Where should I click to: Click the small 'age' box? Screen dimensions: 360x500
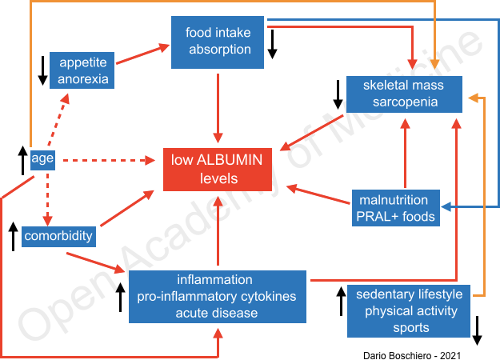(42, 158)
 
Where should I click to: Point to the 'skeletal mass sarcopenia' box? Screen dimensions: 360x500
(404, 94)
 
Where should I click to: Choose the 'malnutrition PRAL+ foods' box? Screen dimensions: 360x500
(396, 208)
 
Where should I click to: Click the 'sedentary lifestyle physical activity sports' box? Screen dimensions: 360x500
(408, 310)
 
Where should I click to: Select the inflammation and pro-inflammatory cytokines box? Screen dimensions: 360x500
(218, 296)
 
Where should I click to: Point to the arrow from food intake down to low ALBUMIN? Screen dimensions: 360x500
(218, 108)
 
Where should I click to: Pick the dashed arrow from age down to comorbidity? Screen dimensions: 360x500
(46, 196)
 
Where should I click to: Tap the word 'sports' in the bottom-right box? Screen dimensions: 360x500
(408, 327)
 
